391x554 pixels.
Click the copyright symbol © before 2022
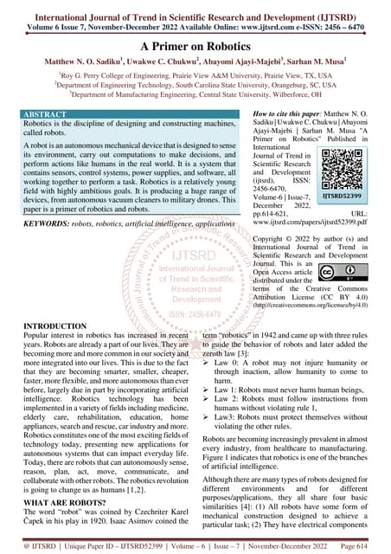[x=291, y=235]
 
